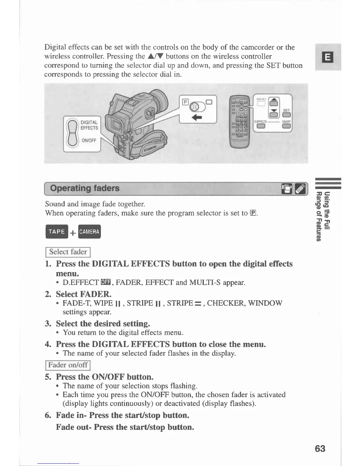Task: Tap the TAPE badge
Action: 57,232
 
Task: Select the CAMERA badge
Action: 89,232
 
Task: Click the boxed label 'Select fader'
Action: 68,252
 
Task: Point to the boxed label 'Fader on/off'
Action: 68,365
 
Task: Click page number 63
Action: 320,449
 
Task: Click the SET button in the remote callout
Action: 286,115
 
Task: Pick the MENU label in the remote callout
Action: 261,99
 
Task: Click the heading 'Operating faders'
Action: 85,188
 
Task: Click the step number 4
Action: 48,344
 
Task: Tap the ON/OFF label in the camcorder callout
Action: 89,140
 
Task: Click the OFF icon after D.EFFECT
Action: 105,283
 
